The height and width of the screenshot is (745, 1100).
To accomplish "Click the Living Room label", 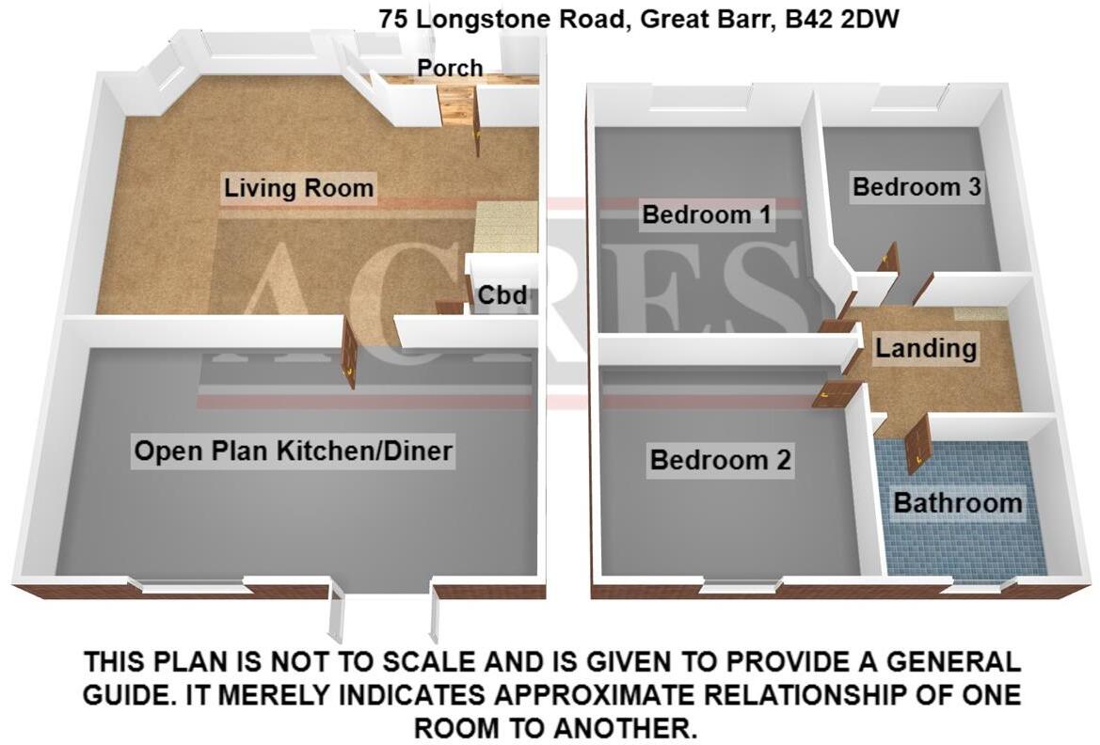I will (x=298, y=187).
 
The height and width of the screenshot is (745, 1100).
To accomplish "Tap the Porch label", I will (x=450, y=68).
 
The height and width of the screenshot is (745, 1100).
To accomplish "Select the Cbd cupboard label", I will (x=501, y=296).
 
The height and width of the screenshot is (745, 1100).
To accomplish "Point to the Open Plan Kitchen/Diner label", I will (x=294, y=452).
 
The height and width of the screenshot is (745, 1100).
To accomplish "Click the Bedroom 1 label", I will (x=706, y=214).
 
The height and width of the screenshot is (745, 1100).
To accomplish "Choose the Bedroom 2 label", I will (x=721, y=460).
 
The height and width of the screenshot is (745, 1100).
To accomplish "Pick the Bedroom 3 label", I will (x=917, y=186).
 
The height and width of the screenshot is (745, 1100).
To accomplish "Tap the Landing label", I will (x=926, y=349).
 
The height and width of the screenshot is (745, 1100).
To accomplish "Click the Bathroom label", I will (x=957, y=502).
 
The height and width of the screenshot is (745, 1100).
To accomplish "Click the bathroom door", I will (x=918, y=444).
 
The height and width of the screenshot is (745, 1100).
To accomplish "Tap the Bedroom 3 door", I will (x=888, y=259).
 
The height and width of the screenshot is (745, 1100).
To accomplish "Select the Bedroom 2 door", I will (x=829, y=395).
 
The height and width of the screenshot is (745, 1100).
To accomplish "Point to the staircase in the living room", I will (x=505, y=226).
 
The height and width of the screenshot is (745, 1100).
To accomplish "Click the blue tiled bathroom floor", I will (x=960, y=546).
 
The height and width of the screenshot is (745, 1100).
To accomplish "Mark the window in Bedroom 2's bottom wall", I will (x=740, y=587).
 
